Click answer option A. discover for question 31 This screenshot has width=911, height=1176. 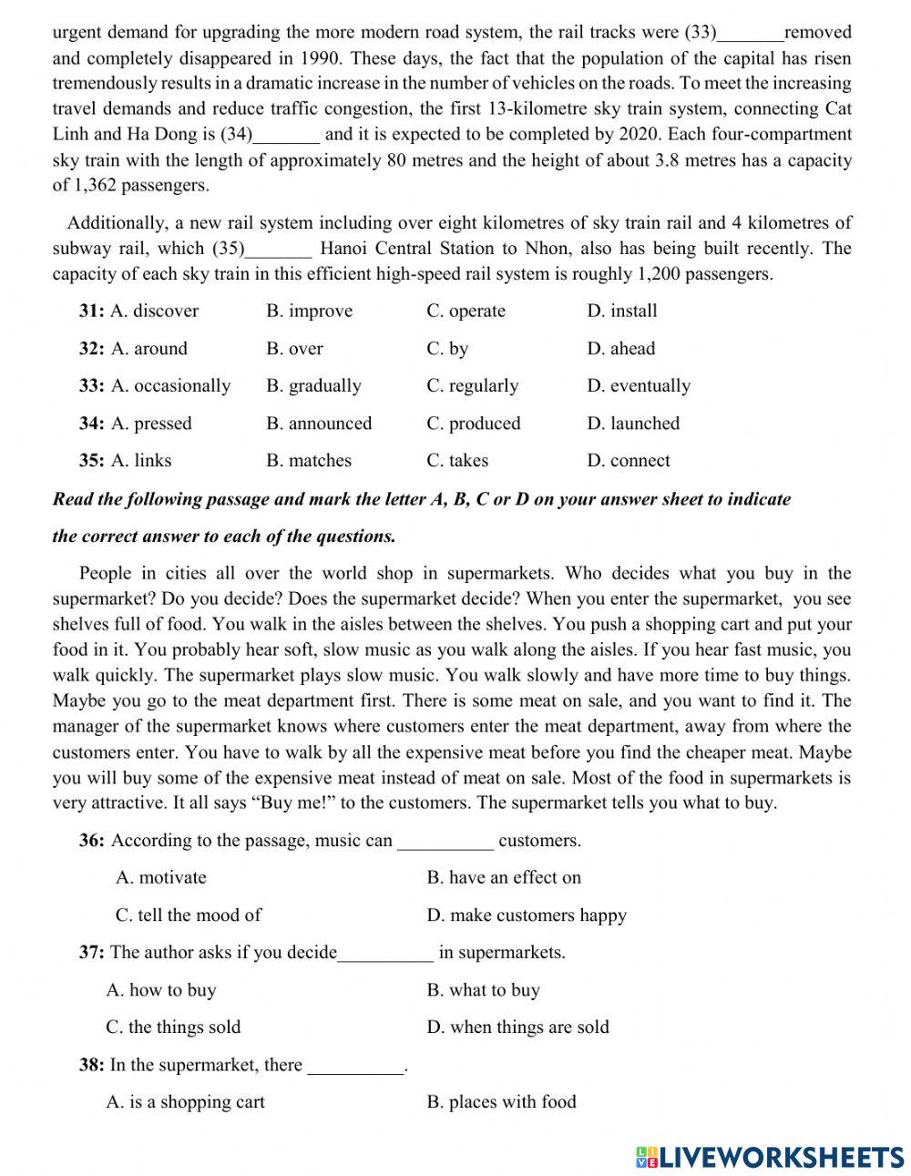(x=153, y=312)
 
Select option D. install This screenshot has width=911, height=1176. (x=621, y=312)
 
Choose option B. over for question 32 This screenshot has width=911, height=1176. (x=294, y=349)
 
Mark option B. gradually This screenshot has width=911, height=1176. (x=313, y=386)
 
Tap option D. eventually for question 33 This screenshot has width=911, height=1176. (x=638, y=386)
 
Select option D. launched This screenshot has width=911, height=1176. (x=633, y=424)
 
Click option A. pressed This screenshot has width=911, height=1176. (x=150, y=424)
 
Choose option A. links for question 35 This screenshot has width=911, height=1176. (x=140, y=461)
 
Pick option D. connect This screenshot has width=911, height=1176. (x=628, y=461)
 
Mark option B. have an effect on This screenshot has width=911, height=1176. (x=503, y=878)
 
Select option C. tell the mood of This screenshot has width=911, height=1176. (x=188, y=915)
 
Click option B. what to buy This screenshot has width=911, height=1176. (x=483, y=990)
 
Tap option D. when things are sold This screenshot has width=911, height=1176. (x=517, y=1028)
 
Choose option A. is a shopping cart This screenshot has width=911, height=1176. (x=185, y=1102)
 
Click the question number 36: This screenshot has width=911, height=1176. (x=92, y=841)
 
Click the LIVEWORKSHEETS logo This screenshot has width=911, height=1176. (x=770, y=1157)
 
